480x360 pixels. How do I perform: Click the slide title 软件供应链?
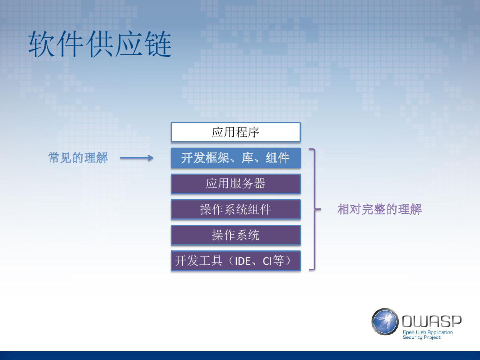100,44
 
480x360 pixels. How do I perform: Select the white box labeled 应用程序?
236,132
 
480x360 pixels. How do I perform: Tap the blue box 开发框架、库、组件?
236,158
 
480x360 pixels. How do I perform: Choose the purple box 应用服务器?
236,184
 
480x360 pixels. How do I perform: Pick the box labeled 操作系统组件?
236,209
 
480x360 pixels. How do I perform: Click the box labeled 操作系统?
236,235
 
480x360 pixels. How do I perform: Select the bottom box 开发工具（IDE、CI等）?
236,261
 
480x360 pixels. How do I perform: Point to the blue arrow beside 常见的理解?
137,158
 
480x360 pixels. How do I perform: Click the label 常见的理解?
78,158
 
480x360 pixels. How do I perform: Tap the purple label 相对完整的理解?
380,209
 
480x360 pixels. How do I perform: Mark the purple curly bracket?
315,209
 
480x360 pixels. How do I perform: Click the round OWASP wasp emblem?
385,322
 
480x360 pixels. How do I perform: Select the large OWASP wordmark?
432,322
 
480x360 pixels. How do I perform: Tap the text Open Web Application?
428,332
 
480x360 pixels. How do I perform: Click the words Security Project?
422,338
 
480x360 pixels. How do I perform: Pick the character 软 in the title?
42,44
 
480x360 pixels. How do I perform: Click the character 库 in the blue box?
248,158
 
